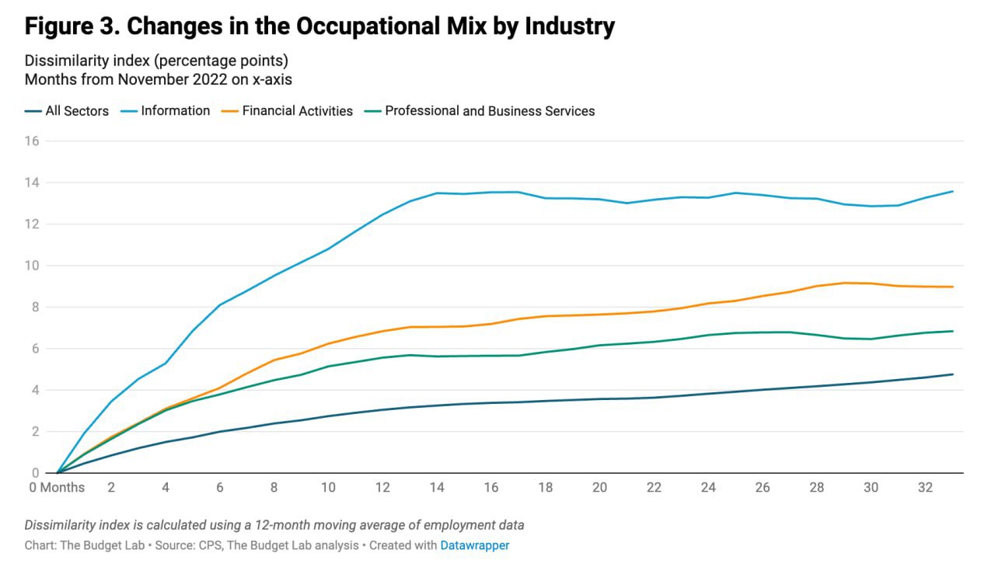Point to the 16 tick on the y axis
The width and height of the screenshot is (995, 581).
tap(32, 141)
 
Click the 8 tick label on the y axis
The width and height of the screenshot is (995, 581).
tap(35, 307)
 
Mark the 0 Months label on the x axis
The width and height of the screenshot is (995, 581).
tap(57, 488)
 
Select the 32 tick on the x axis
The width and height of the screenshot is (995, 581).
tap(925, 488)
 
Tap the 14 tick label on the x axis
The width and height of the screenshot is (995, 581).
tap(437, 488)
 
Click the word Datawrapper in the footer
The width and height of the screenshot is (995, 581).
tap(475, 545)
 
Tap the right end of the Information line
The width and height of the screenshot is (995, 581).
tap(953, 191)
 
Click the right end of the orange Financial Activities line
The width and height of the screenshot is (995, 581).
tap(953, 287)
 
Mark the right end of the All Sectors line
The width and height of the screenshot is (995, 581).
tap(953, 374)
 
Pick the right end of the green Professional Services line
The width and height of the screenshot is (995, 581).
tap(953, 331)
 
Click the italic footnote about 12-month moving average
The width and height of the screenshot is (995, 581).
tap(274, 525)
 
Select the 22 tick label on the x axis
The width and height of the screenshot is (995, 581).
tap(654, 488)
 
